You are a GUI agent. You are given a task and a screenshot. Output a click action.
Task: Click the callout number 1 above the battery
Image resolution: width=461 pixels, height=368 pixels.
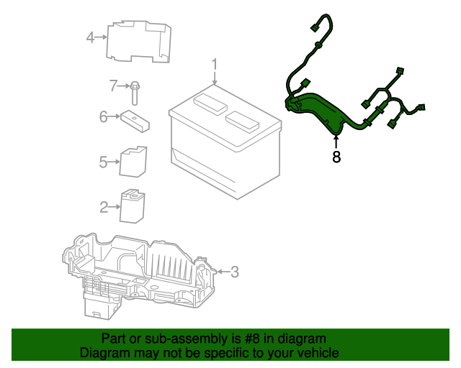(x=214, y=67)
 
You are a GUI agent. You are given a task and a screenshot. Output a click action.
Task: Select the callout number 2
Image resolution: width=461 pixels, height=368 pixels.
(x=104, y=208)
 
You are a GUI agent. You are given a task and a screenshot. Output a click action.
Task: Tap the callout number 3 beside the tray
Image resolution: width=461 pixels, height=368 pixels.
(x=234, y=272)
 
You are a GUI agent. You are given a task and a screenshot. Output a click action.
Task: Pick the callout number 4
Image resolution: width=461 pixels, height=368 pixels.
(x=90, y=37)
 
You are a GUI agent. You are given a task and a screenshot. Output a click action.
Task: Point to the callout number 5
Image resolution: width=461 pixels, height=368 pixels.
(x=103, y=162)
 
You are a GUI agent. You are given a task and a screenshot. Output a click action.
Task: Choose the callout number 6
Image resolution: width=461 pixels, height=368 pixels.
(x=103, y=116)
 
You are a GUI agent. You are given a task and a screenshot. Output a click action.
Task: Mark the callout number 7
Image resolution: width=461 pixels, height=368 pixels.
(x=113, y=86)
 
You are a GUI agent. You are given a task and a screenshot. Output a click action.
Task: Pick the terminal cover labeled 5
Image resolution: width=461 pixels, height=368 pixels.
(x=133, y=161)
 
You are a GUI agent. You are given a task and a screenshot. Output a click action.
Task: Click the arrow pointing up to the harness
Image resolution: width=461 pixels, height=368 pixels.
(x=336, y=141)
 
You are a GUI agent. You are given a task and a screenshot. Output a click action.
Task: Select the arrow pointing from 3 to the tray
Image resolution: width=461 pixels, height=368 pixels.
(x=222, y=272)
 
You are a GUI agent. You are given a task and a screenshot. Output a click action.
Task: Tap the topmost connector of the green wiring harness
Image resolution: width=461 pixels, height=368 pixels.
(x=314, y=29)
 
